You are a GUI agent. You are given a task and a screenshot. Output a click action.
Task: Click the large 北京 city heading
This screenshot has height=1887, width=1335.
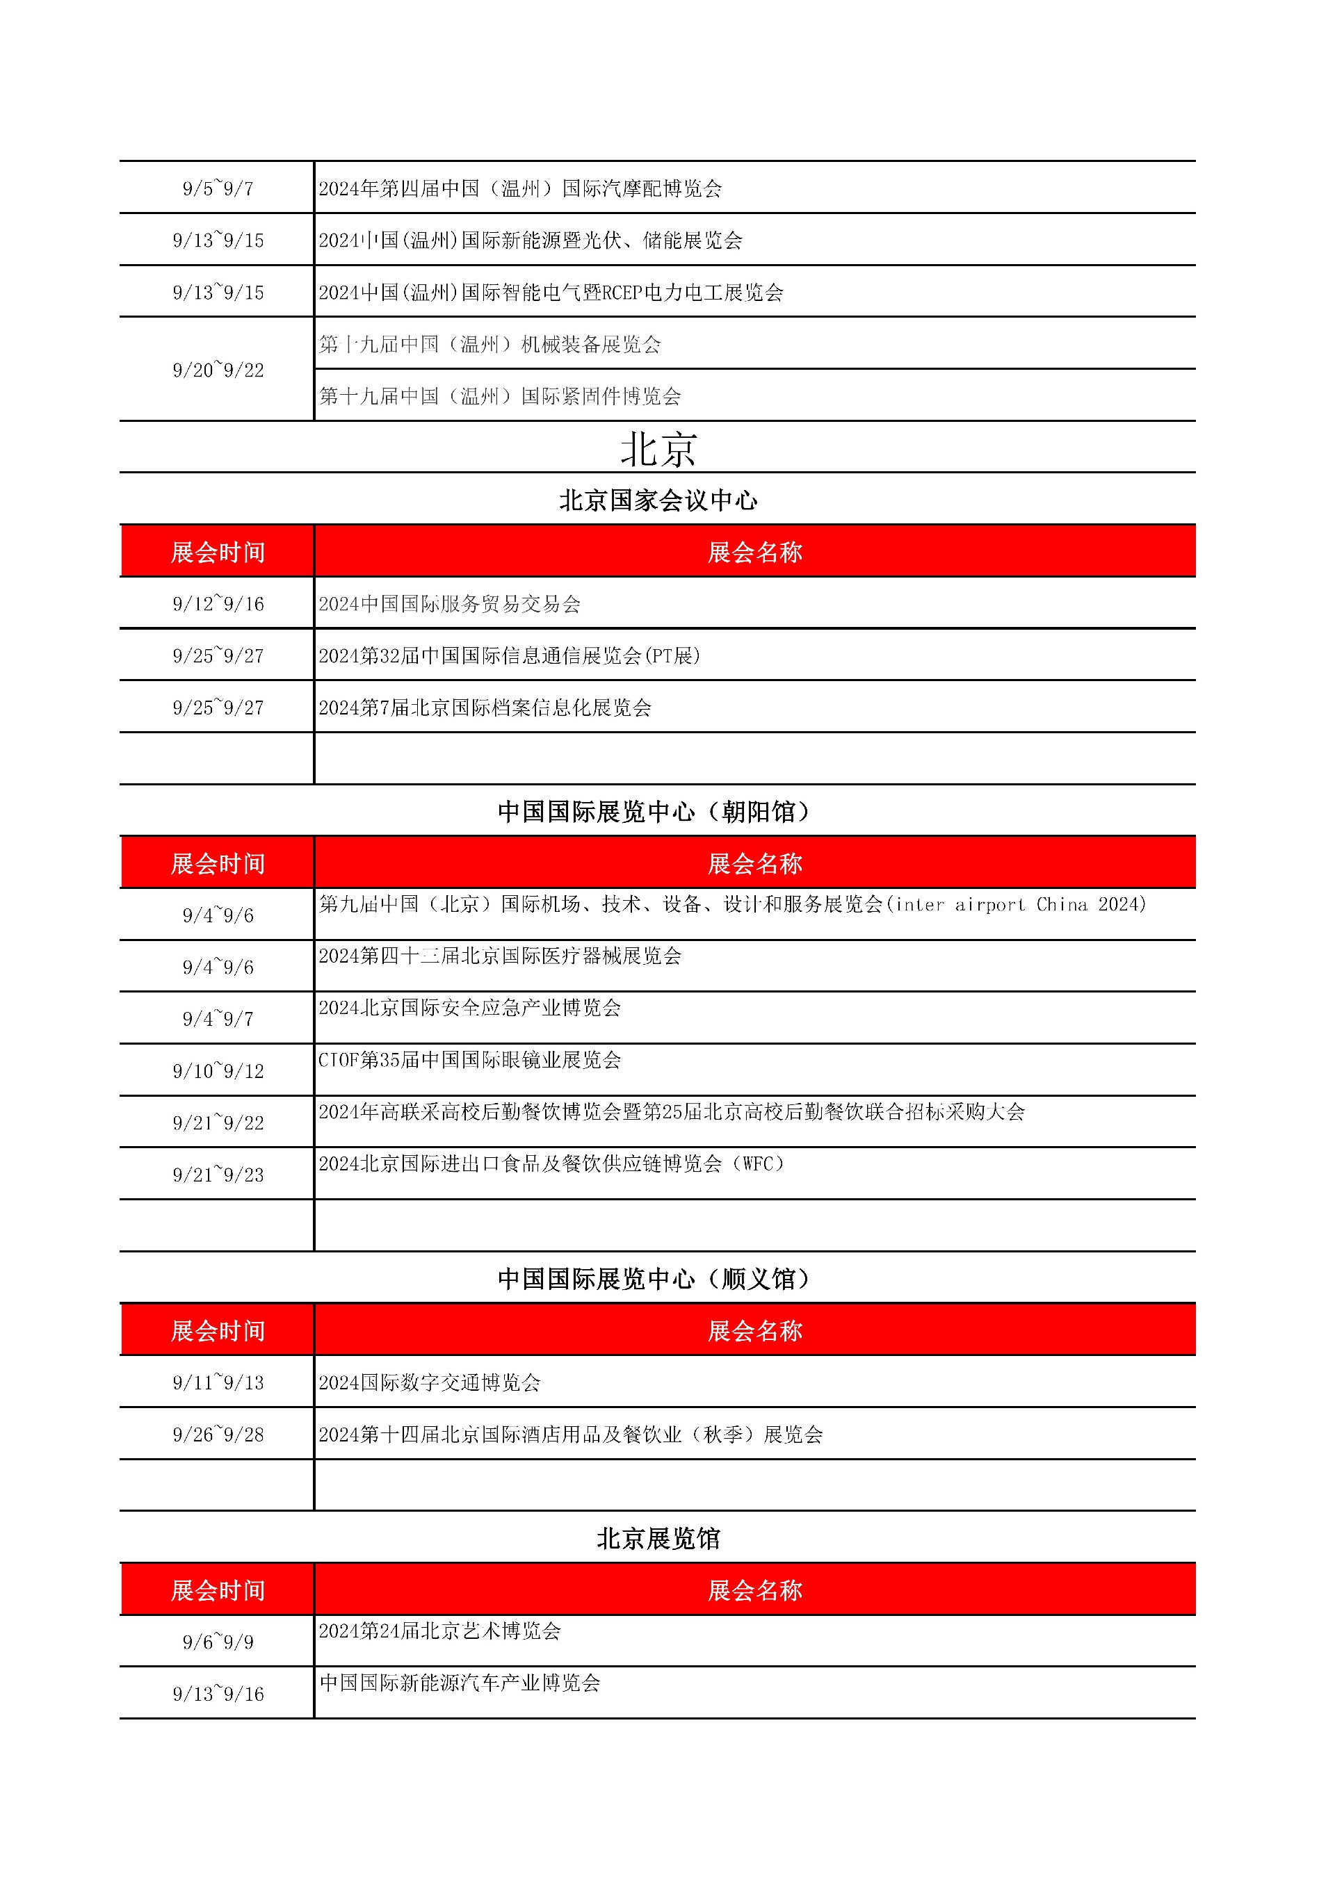(658, 450)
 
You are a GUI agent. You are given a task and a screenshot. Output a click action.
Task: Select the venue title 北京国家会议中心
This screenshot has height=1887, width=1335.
(658, 500)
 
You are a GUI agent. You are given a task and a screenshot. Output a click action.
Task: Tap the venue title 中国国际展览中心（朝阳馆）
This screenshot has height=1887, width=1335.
(654, 812)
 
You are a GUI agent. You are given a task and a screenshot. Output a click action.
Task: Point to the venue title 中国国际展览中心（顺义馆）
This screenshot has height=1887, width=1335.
(654, 1279)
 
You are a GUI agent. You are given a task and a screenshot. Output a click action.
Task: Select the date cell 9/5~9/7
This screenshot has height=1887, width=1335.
(218, 189)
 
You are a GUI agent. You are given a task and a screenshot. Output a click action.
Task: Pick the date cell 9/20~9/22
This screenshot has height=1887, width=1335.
(218, 370)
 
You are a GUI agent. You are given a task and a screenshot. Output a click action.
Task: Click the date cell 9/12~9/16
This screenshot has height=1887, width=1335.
(218, 604)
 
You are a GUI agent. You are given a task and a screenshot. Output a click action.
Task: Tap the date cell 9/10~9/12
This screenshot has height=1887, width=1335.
(218, 1071)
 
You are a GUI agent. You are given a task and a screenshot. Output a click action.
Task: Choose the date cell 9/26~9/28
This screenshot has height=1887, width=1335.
(218, 1434)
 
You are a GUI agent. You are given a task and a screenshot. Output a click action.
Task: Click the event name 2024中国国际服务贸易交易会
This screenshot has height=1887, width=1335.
(450, 604)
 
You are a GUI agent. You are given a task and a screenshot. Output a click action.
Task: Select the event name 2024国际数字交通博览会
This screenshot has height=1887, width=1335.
(429, 1382)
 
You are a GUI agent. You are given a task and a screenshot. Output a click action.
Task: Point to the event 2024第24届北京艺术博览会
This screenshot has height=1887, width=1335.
(440, 1631)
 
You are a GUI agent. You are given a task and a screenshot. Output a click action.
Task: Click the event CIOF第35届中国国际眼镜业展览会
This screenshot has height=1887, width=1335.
(469, 1059)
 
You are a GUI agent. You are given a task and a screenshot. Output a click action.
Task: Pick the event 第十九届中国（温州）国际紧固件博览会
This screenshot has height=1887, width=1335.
(500, 396)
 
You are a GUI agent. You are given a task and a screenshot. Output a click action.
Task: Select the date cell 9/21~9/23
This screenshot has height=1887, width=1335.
(218, 1175)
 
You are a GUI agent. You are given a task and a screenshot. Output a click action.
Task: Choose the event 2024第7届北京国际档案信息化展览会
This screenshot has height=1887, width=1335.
(485, 708)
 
